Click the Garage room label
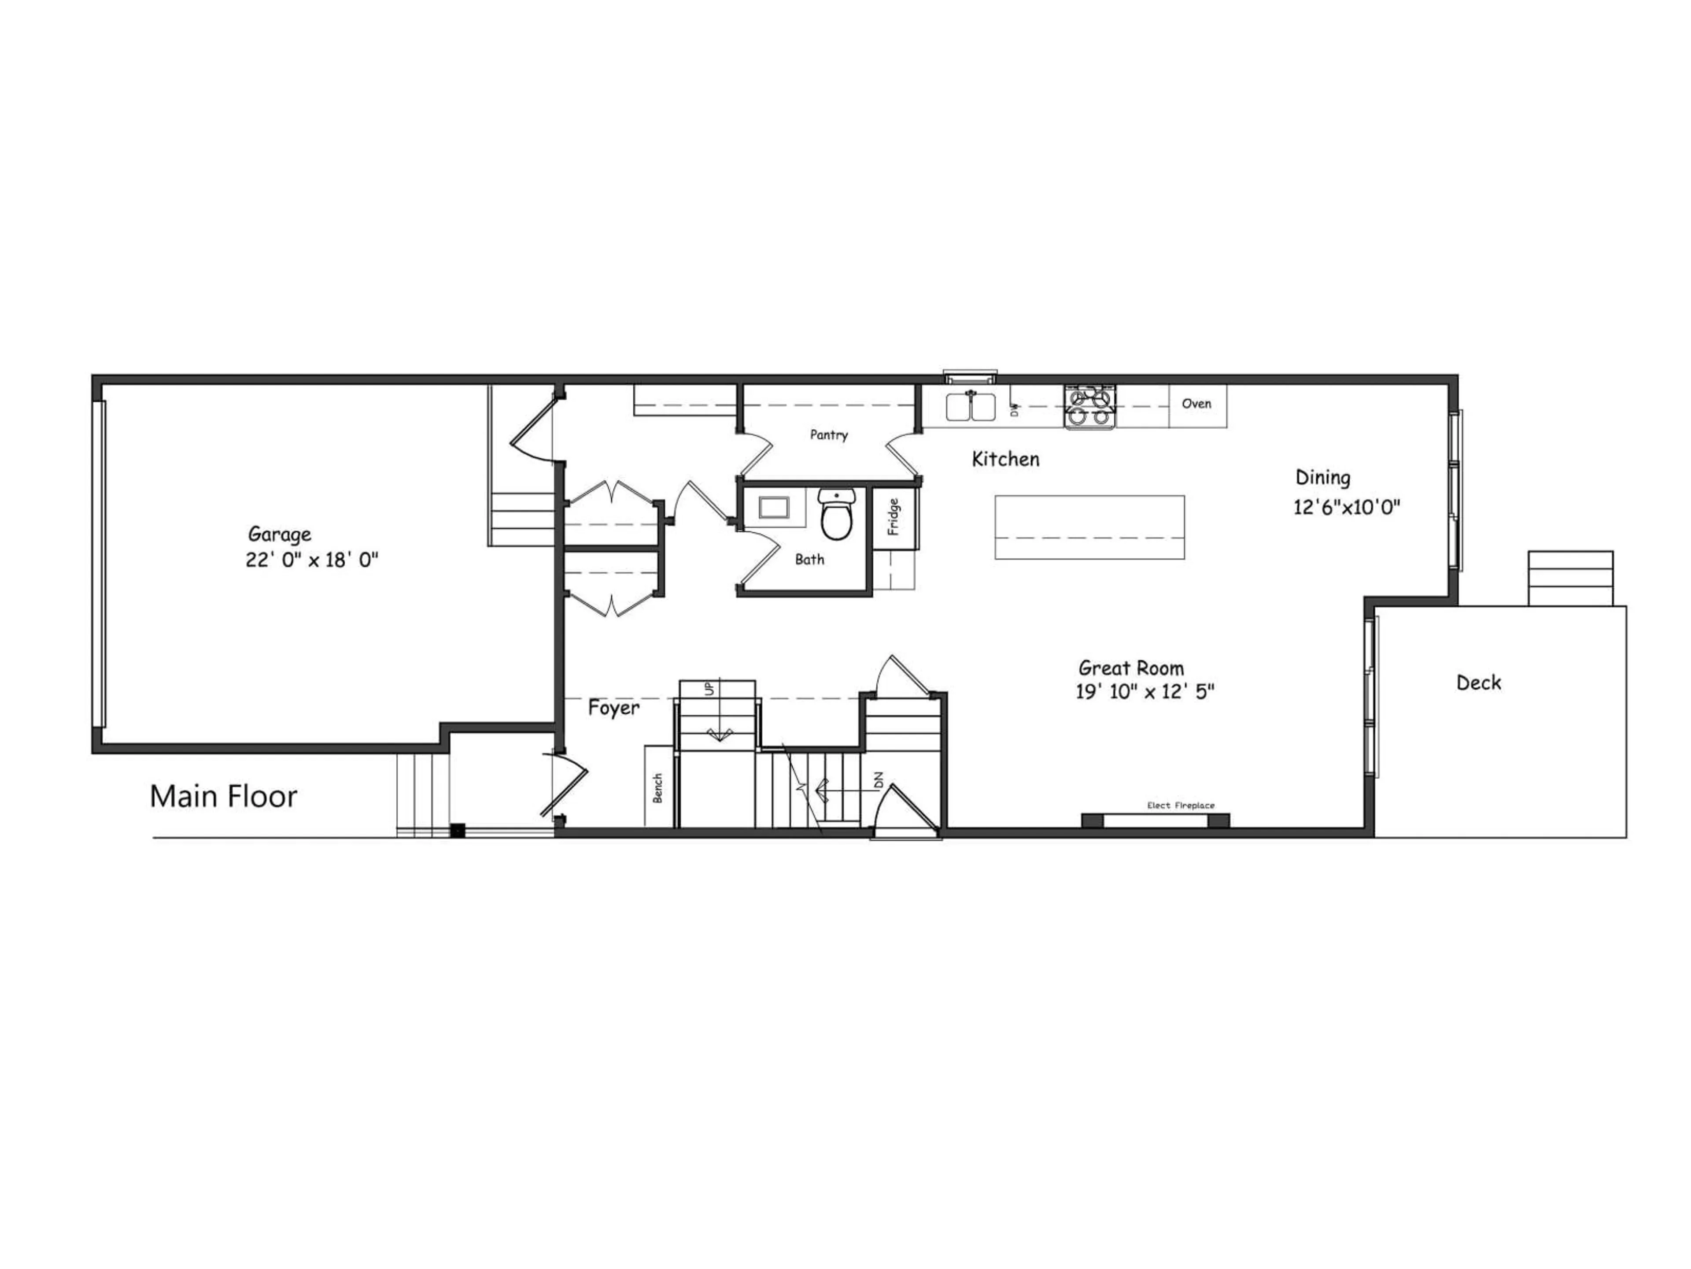click(280, 534)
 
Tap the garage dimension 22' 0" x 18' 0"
click(312, 560)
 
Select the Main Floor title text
click(223, 796)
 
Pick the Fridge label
click(893, 517)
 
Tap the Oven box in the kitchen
click(1196, 404)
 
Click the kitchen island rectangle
click(1089, 527)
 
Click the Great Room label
click(1131, 668)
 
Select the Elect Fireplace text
click(1180, 805)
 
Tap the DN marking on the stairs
click(879, 781)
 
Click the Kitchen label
click(1005, 460)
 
